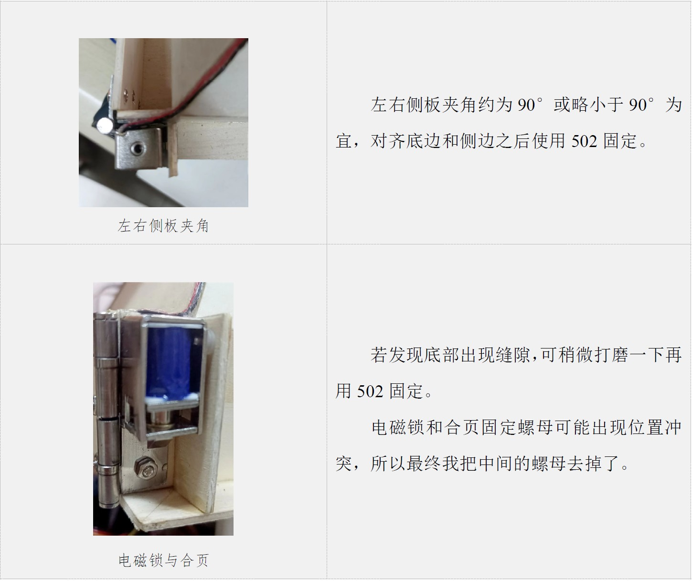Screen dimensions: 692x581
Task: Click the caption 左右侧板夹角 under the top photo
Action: point(163,226)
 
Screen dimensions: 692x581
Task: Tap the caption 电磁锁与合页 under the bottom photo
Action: point(163,560)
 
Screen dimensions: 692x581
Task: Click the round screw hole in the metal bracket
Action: point(137,148)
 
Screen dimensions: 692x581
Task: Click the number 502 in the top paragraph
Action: point(584,141)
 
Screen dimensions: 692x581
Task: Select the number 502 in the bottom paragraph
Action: point(370,391)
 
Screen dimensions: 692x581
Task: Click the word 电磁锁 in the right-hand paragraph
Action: point(398,427)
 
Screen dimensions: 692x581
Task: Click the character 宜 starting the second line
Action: point(344,141)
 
